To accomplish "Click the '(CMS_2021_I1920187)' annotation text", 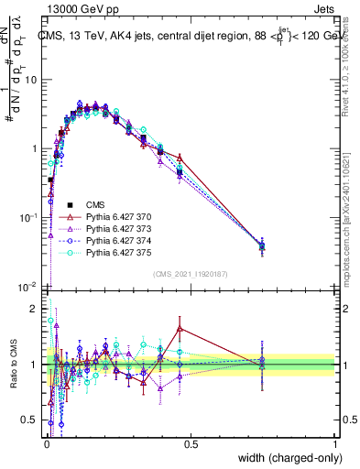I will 191,274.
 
